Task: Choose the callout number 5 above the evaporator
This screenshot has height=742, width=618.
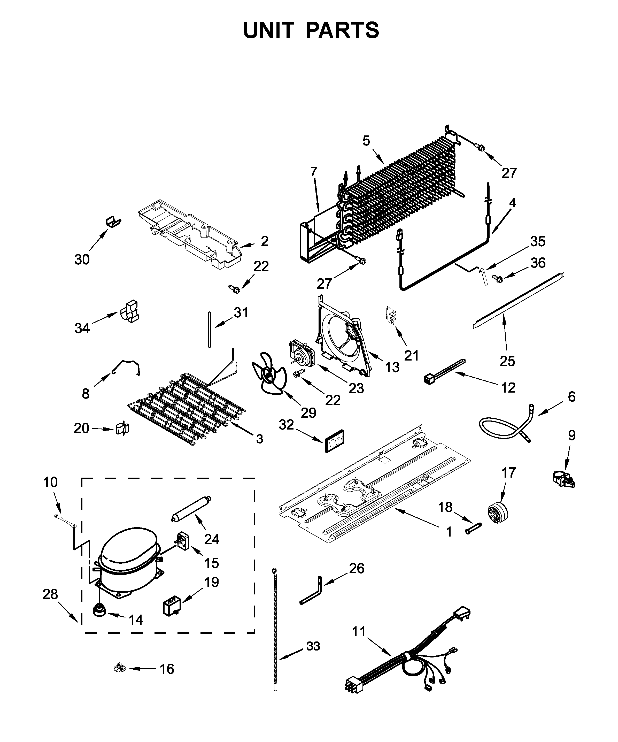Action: (x=366, y=141)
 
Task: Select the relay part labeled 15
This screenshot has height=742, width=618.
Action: (x=183, y=549)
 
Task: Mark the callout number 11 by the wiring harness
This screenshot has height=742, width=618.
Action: (x=359, y=631)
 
